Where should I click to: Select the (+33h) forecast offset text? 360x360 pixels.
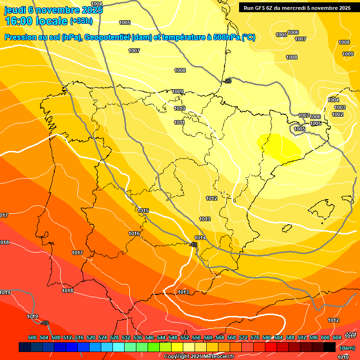pos(81,21)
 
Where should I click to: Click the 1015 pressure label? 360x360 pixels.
pos(143,211)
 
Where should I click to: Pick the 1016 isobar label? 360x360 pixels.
pos(134,233)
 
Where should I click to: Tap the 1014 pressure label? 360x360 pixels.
pos(200,238)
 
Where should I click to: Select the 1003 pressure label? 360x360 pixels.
pos(340,108)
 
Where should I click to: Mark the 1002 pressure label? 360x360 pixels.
pos(337,114)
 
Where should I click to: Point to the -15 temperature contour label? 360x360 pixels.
pos(193,244)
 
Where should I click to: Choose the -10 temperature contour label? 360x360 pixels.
pos(45,323)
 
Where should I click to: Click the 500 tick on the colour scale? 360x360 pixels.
pos(32,338)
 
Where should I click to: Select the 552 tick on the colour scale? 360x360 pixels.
pos(185,338)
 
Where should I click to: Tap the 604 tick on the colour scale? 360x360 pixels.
pos(337,338)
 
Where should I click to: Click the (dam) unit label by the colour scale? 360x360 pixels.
pos(347,348)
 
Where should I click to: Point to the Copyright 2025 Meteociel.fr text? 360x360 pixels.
pos(198,357)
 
